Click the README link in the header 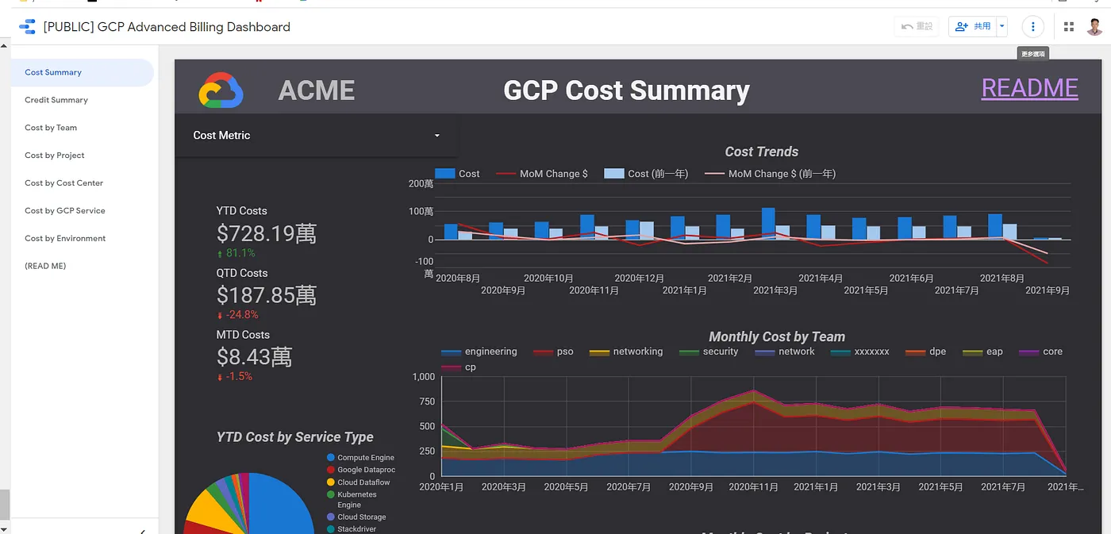point(1029,88)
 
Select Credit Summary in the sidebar point(56,100)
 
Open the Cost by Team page point(51,128)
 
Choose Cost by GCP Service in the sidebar point(65,211)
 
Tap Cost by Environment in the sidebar point(65,239)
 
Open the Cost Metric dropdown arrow point(436,136)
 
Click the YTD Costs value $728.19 point(267,233)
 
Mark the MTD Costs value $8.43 point(254,357)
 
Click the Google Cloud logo point(221,90)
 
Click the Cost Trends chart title point(761,152)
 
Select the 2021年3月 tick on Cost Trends point(775,290)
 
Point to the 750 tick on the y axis point(425,401)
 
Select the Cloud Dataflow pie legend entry point(363,482)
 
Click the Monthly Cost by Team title point(776,336)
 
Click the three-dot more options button point(1032,27)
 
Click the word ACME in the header point(316,90)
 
